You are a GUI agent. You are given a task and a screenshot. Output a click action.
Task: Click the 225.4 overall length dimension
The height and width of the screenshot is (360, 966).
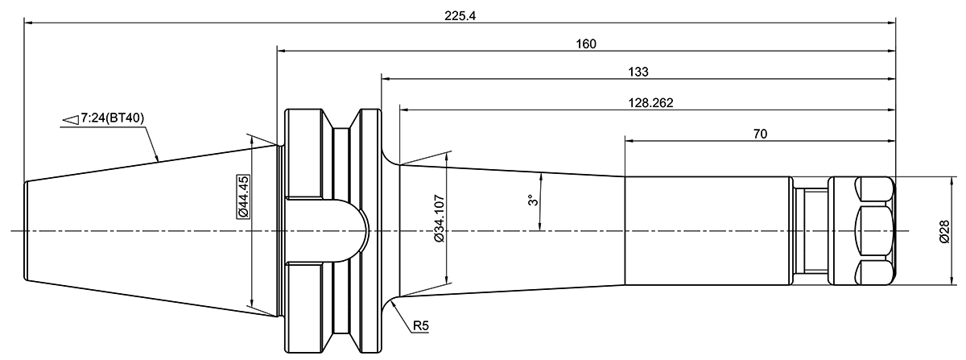(460, 15)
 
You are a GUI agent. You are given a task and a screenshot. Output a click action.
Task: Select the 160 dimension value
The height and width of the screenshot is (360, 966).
(586, 43)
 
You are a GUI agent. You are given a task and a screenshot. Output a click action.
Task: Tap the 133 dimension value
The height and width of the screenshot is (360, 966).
(638, 72)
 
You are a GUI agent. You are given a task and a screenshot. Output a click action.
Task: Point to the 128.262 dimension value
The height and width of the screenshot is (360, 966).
(648, 102)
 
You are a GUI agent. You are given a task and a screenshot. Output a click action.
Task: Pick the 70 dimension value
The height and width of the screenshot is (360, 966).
(760, 133)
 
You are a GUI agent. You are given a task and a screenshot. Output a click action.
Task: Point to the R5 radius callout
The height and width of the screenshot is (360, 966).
(421, 326)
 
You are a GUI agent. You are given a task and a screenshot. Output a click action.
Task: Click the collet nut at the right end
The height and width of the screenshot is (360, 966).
(864, 231)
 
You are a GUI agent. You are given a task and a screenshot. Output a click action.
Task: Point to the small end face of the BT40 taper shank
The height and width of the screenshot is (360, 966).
(26, 231)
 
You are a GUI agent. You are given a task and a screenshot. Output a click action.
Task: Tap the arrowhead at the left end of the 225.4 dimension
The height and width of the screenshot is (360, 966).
(29, 23)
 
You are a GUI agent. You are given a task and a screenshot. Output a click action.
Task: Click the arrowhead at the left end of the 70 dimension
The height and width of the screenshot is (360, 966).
(630, 140)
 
